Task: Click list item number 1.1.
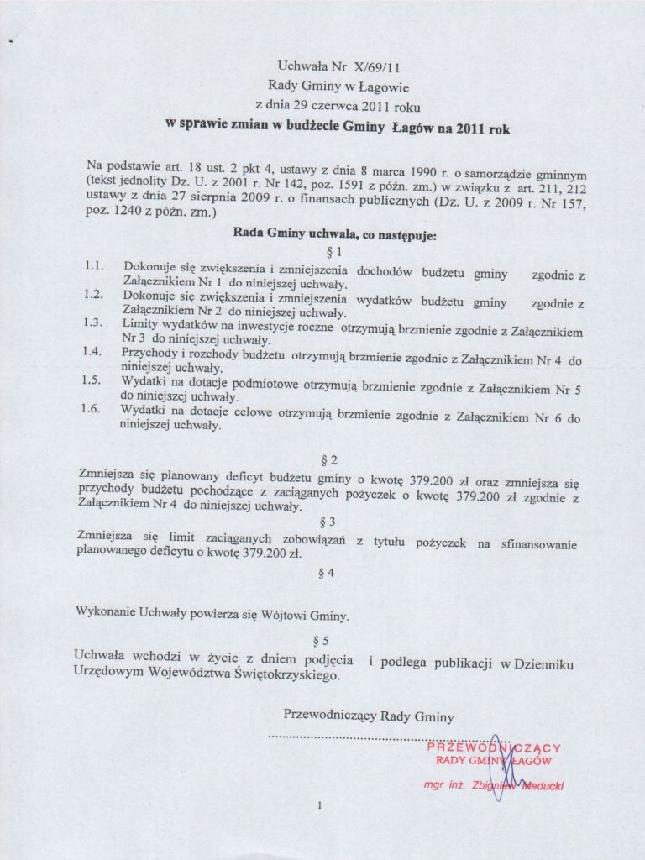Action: [x=94, y=267]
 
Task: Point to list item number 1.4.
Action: [x=94, y=353]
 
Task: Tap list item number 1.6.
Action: [x=94, y=410]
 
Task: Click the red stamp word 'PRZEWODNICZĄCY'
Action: [x=494, y=747]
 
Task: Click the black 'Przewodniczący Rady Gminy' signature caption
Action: [x=370, y=716]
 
